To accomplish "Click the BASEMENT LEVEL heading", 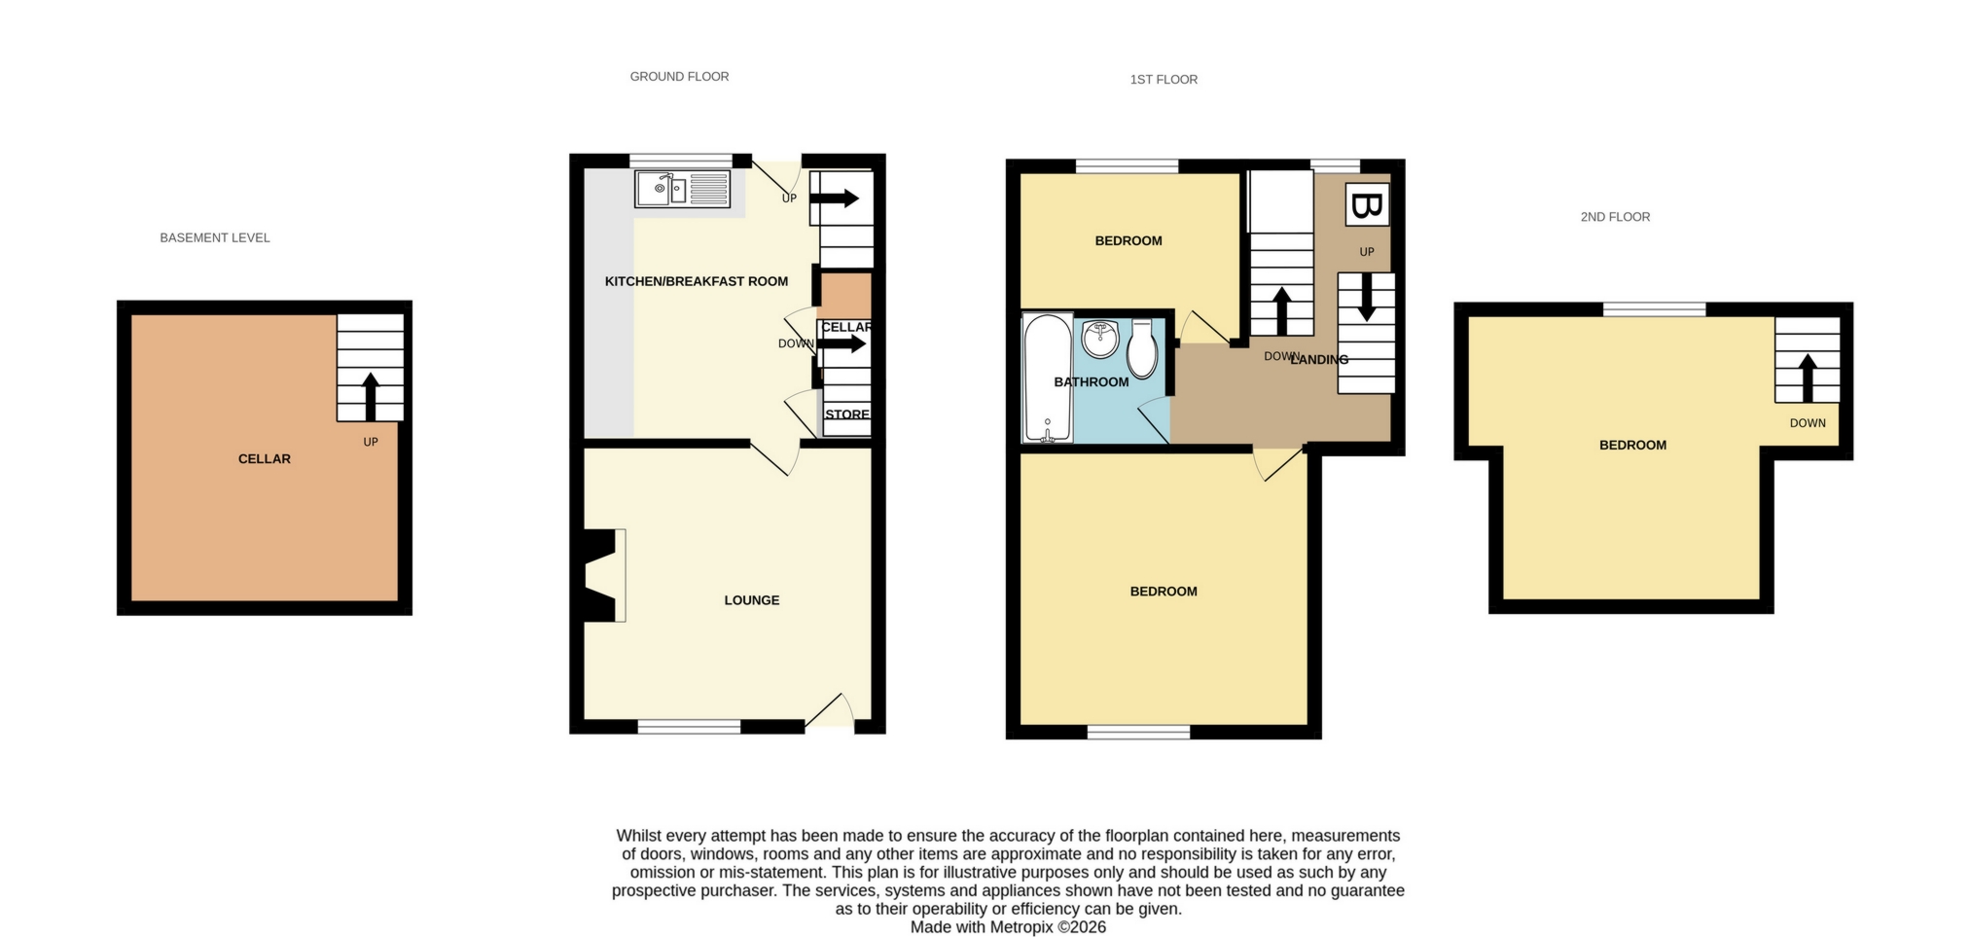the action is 215,237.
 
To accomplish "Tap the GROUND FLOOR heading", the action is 679,76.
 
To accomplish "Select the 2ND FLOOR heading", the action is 1615,217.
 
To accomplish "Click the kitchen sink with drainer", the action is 682,189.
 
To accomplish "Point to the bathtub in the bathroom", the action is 1047,378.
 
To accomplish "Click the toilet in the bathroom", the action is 1142,348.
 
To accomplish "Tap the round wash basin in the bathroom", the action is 1100,340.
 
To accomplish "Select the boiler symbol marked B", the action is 1367,204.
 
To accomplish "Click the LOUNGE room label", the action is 752,600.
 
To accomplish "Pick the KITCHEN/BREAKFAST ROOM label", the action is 697,281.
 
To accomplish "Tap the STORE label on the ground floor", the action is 847,414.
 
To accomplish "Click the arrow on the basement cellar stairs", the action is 370,397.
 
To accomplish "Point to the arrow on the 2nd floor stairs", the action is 1808,378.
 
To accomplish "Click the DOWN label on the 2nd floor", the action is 1808,423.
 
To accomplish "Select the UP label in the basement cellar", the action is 371,442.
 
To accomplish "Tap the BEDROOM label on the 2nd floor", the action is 1632,446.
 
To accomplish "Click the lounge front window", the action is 689,727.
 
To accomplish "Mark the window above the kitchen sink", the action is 680,161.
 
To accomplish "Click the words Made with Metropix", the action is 982,927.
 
